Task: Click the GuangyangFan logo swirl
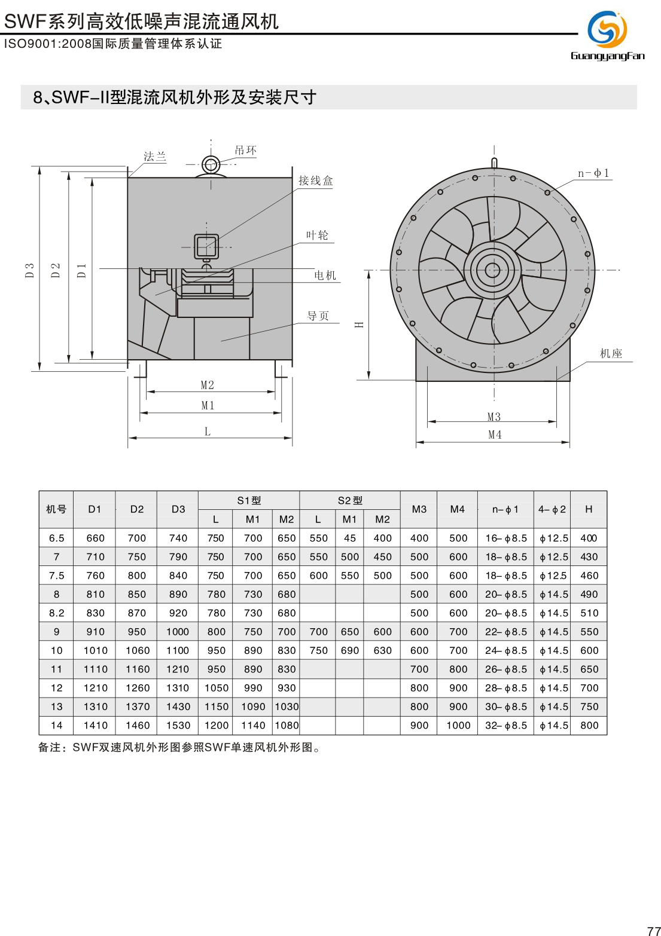point(607,29)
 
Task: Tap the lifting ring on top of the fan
point(211,164)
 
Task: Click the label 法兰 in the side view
point(155,157)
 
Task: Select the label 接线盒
point(316,181)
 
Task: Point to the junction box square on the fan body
point(206,246)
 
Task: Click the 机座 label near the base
point(611,353)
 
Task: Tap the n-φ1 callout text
point(593,173)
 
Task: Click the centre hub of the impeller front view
point(493,270)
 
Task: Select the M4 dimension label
point(495,435)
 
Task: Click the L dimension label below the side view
point(208,431)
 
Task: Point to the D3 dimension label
point(29,270)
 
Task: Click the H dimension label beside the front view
point(359,325)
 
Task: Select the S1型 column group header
point(249,500)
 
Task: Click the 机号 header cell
point(56,509)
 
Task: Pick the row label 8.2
point(56,613)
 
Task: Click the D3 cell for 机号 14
point(178,726)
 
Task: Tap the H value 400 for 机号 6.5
point(589,538)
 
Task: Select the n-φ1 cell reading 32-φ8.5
point(506,726)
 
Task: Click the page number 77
point(653,931)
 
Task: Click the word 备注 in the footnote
point(49,748)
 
